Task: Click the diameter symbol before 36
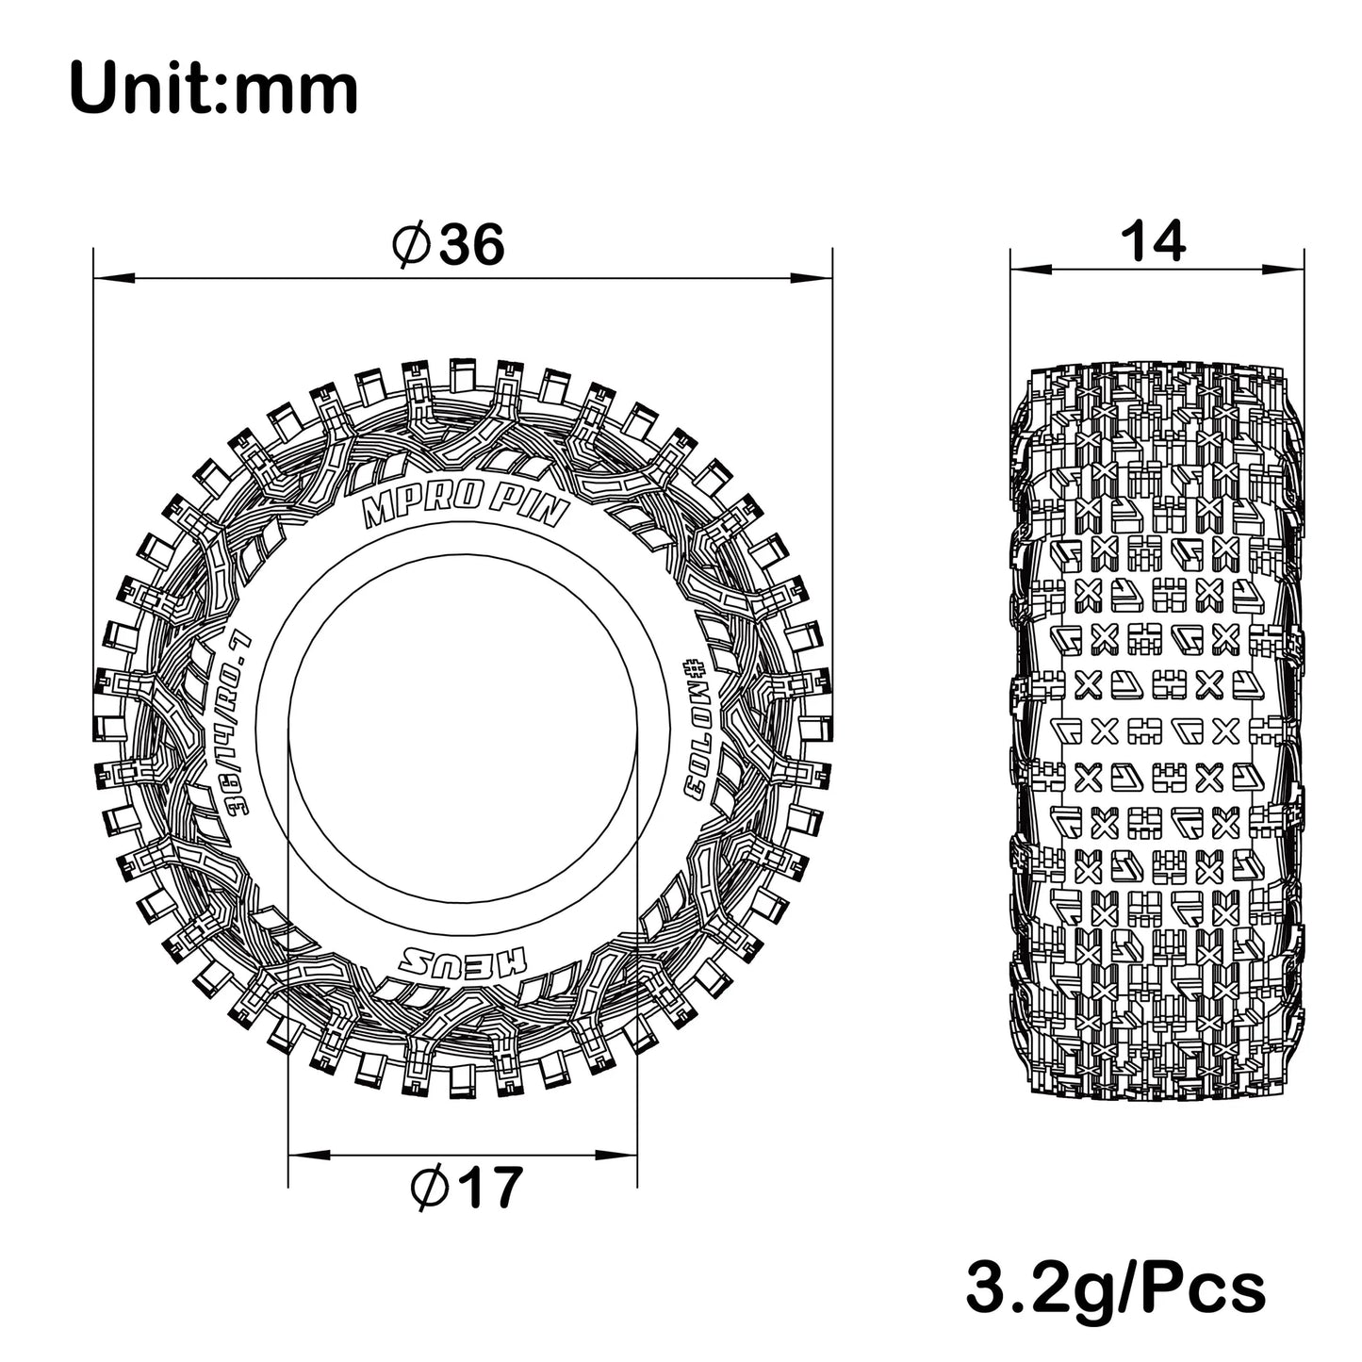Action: pos(411,247)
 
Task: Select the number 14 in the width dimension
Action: pos(1154,243)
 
